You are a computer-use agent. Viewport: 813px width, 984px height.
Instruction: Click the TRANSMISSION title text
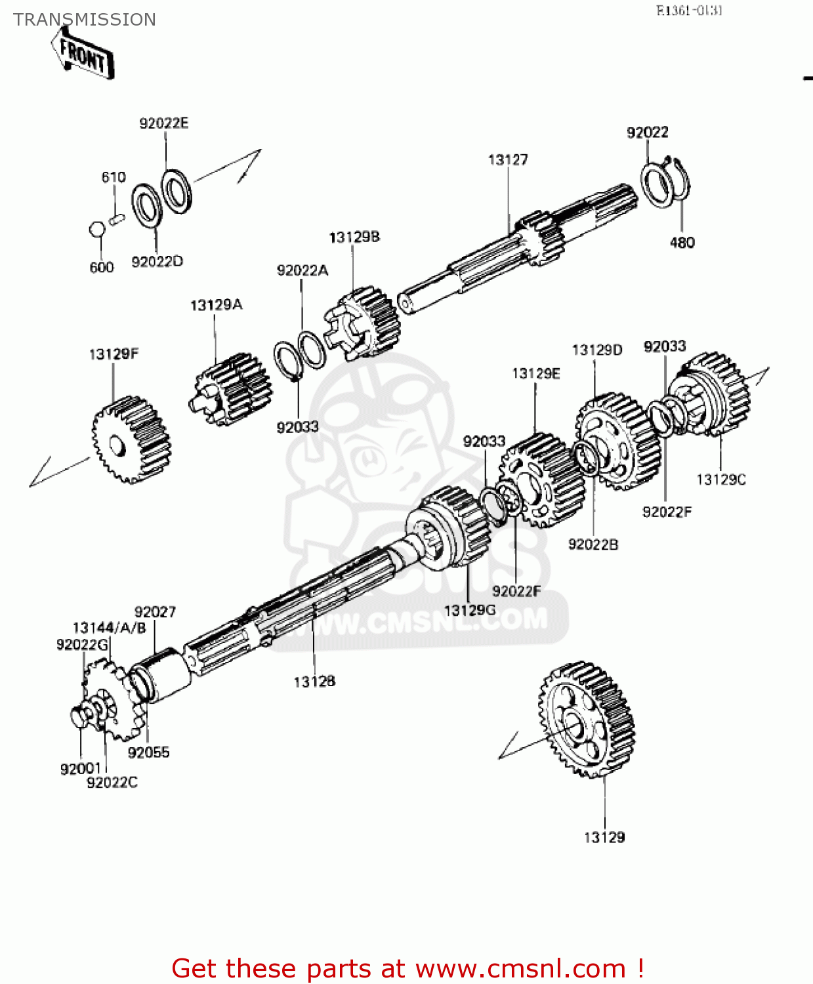coord(85,20)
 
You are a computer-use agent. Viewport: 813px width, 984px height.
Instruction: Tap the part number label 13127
coord(508,159)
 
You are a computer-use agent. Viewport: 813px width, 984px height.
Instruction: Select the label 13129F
coord(114,354)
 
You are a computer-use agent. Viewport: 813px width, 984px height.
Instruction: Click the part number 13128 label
coord(314,682)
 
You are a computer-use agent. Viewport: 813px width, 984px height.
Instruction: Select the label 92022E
coord(163,123)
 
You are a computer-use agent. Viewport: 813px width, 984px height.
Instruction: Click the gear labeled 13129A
coord(234,391)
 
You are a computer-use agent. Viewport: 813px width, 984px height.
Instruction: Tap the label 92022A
coord(302,270)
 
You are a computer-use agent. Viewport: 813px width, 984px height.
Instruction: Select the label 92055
coord(148,752)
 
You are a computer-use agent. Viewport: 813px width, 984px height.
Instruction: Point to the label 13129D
coord(596,350)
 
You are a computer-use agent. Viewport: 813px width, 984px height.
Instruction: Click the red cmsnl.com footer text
coord(407,968)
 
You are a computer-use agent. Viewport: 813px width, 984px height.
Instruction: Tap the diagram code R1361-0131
coord(689,10)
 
